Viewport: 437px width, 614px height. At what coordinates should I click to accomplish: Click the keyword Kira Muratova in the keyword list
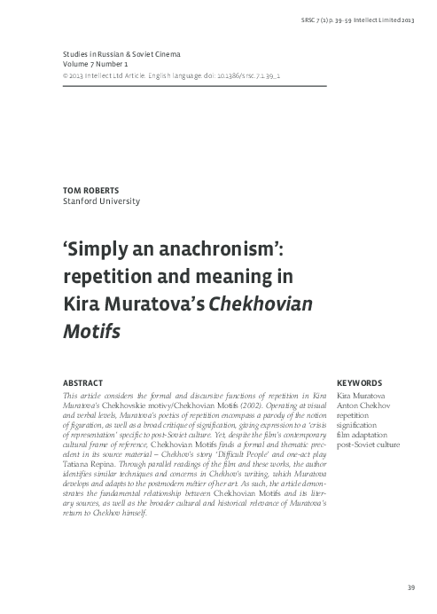click(353, 396)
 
